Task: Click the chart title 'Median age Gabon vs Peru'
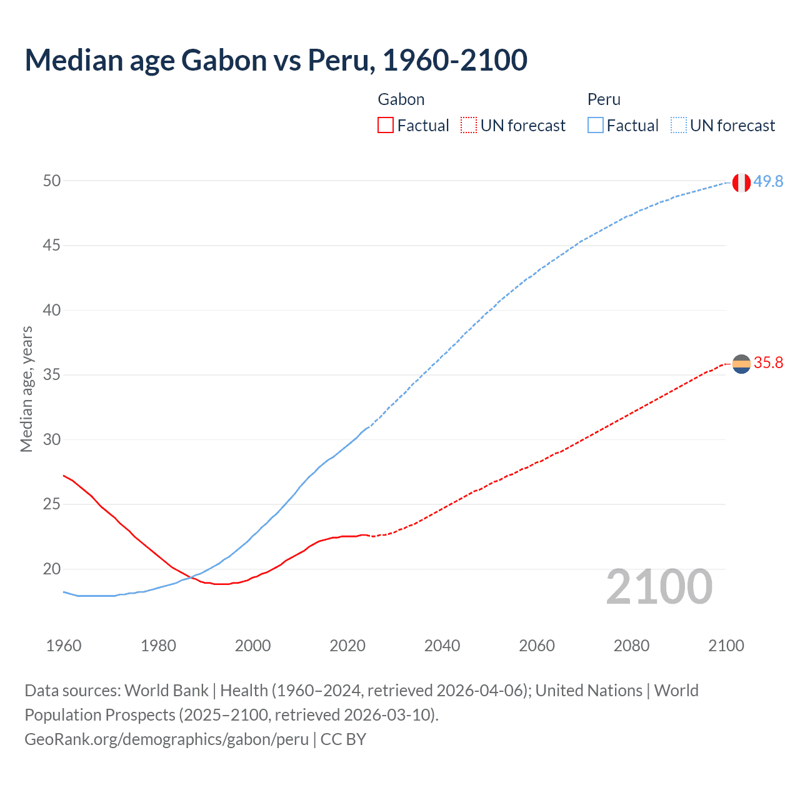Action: coord(276,61)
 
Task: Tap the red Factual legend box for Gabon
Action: coord(386,126)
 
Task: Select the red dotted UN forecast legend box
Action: coord(469,126)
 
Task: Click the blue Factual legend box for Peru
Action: coord(595,126)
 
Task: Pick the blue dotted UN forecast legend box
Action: coord(678,126)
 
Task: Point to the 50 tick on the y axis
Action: coord(52,181)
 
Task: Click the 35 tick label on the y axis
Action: coord(52,375)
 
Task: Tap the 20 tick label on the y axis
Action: coord(52,569)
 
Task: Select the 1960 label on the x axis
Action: coord(64,646)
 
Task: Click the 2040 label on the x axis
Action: coord(442,646)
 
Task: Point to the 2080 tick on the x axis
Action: coord(631,646)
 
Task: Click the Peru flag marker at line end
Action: coord(741,182)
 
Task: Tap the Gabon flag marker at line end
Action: coord(741,364)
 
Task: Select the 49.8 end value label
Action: coord(768,181)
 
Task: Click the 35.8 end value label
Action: coord(768,363)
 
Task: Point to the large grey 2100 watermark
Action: coord(659,587)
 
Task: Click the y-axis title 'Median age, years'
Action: coord(26,389)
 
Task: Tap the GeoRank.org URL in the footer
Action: coord(166,739)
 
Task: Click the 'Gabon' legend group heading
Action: coord(401,99)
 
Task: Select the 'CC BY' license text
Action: coord(343,739)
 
